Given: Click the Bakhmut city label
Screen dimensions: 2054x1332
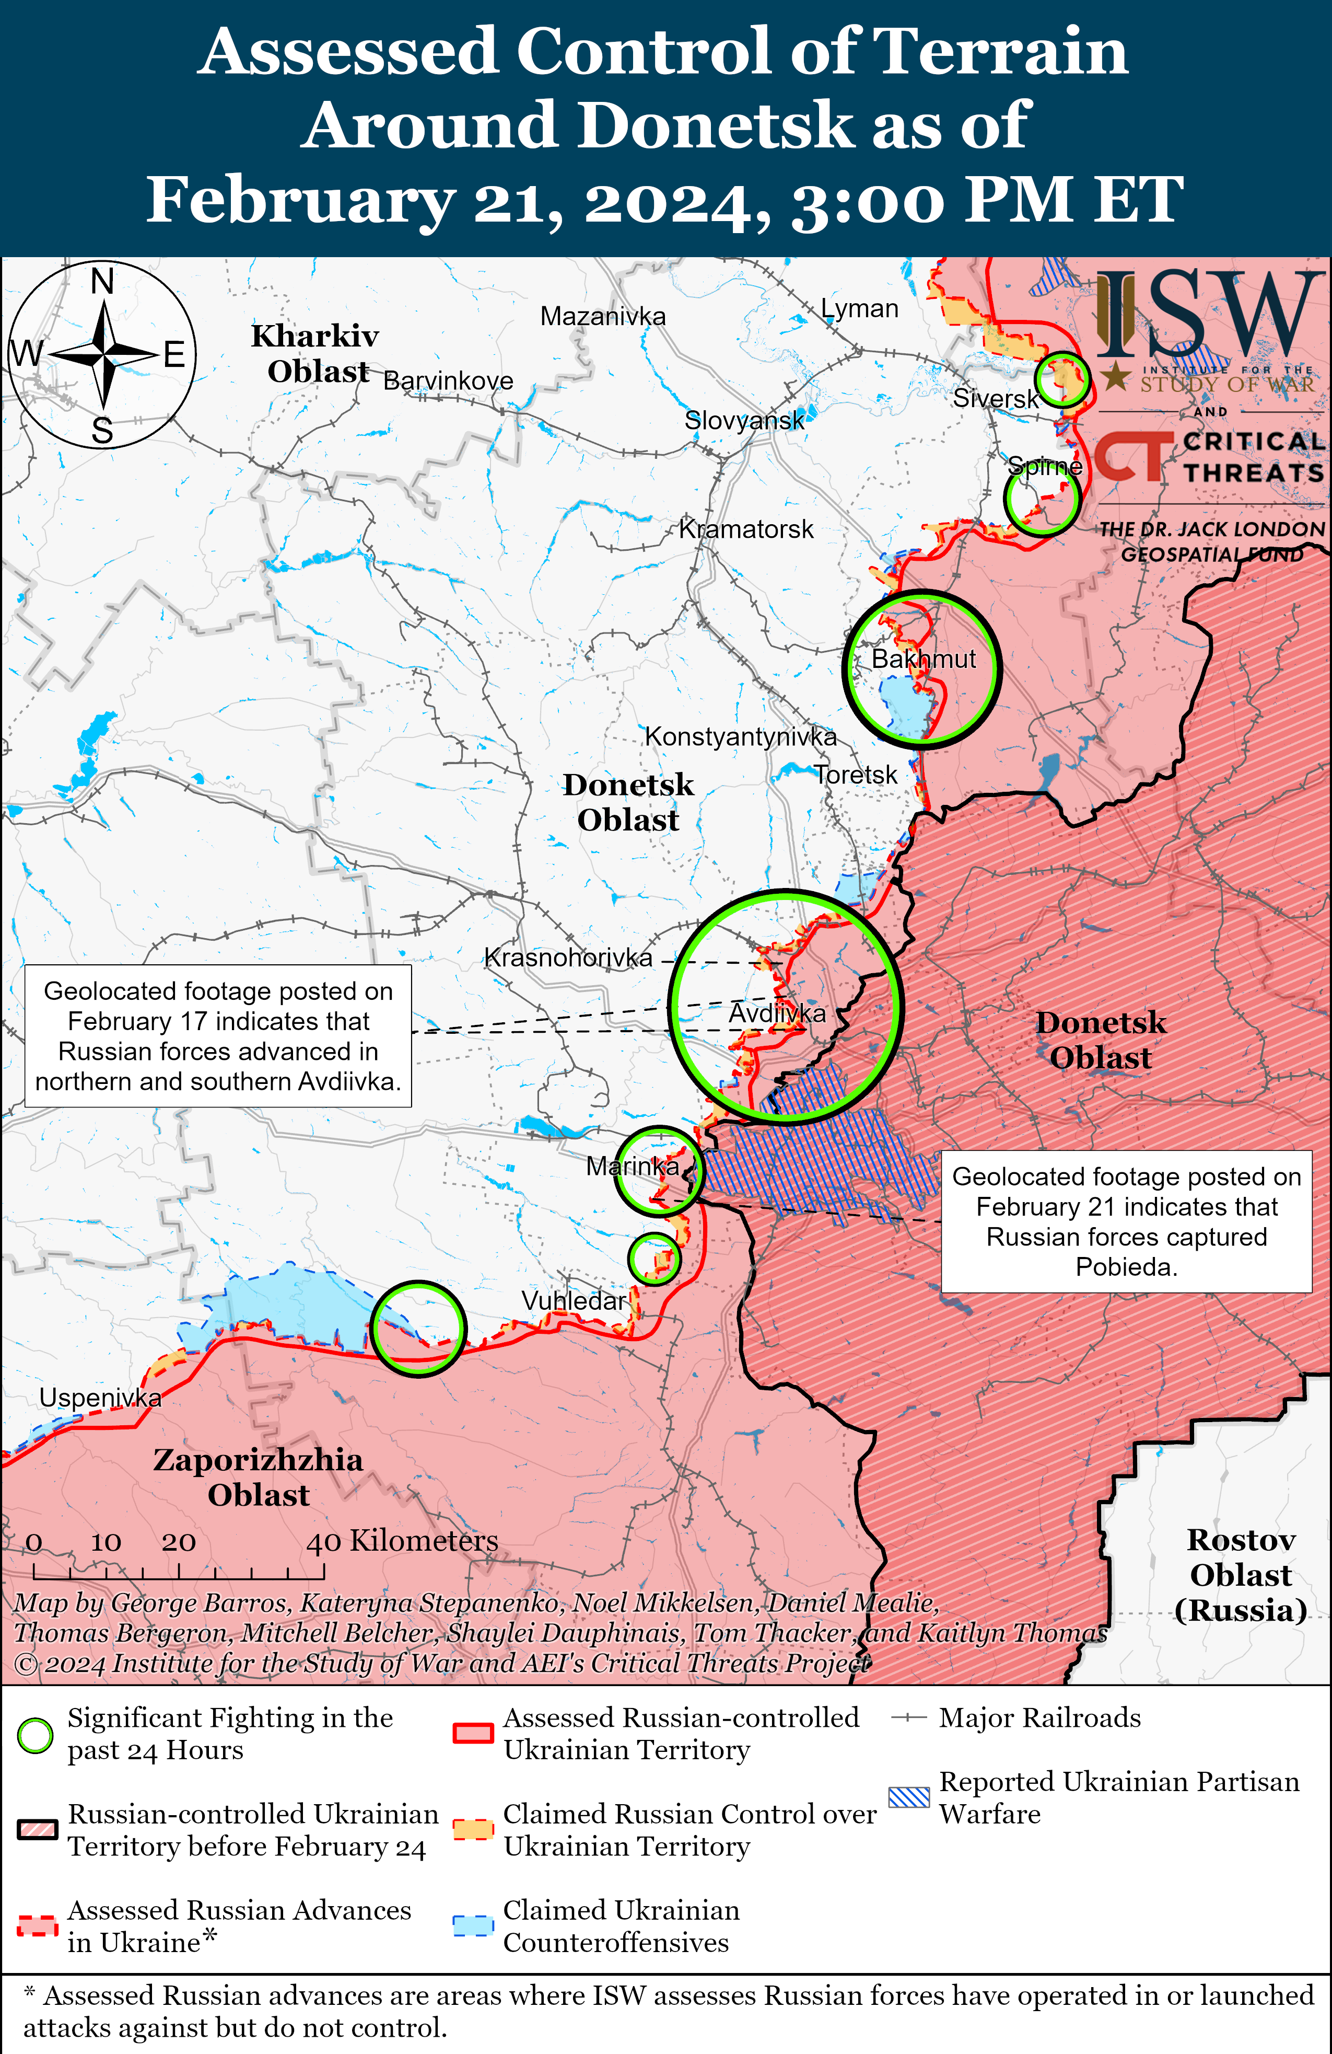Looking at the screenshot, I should pyautogui.click(x=923, y=660).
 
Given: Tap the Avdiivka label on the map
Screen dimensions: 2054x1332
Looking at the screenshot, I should pyautogui.click(x=776, y=1013).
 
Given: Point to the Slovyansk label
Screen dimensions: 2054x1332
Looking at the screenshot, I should pyautogui.click(x=744, y=420).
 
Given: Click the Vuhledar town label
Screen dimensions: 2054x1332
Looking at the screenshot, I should pyautogui.click(x=573, y=1300).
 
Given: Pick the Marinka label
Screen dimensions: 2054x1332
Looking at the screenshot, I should pyautogui.click(x=633, y=1167).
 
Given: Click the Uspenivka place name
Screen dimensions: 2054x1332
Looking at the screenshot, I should pyautogui.click(x=100, y=1398).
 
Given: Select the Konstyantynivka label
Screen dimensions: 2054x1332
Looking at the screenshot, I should pyautogui.click(x=740, y=737).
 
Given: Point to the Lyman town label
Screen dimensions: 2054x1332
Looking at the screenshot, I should pyautogui.click(x=859, y=309).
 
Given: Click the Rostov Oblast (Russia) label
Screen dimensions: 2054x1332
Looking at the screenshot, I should pyautogui.click(x=1241, y=1575).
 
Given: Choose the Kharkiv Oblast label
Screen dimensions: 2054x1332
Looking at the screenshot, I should pyautogui.click(x=315, y=353).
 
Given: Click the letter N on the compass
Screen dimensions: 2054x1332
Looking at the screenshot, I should pyautogui.click(x=103, y=281).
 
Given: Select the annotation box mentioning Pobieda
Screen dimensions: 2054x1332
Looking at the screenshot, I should pyautogui.click(x=1126, y=1221).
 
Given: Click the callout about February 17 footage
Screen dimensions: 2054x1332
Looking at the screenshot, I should pyautogui.click(x=218, y=1036).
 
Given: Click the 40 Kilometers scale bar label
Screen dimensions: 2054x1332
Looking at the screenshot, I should pyautogui.click(x=402, y=1541).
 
